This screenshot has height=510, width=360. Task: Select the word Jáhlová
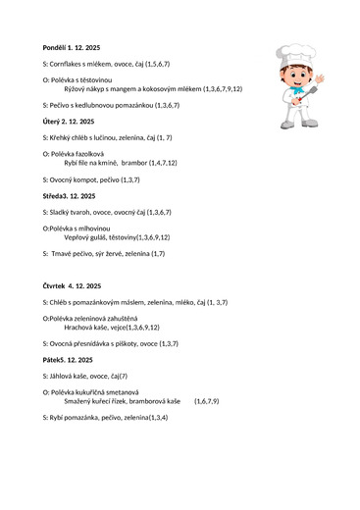(x=65, y=375)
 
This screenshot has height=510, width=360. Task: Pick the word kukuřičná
(x=101, y=392)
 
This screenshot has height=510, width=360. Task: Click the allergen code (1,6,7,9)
(x=206, y=401)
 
